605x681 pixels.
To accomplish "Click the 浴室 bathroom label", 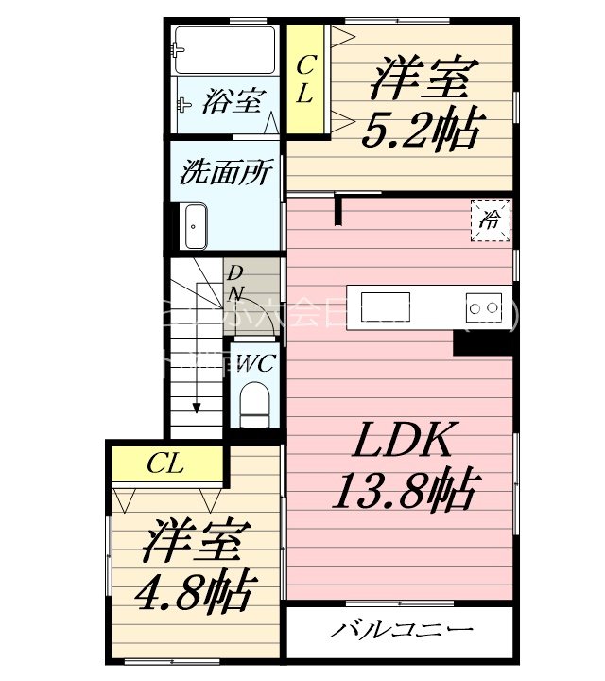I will pos(231,101).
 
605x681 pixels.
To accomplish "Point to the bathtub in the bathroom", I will pos(227,49).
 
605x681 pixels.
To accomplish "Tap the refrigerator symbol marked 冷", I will pos(492,221).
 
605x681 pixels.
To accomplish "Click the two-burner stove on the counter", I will pos(483,306).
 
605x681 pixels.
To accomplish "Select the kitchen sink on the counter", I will pos(386,307).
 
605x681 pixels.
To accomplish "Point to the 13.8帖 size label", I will pos(403,490).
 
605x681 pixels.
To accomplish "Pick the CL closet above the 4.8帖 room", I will pos(165,464).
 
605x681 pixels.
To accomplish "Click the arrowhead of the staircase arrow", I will pos(196,407).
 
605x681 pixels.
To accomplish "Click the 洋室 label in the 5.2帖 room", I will pos(419,79).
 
